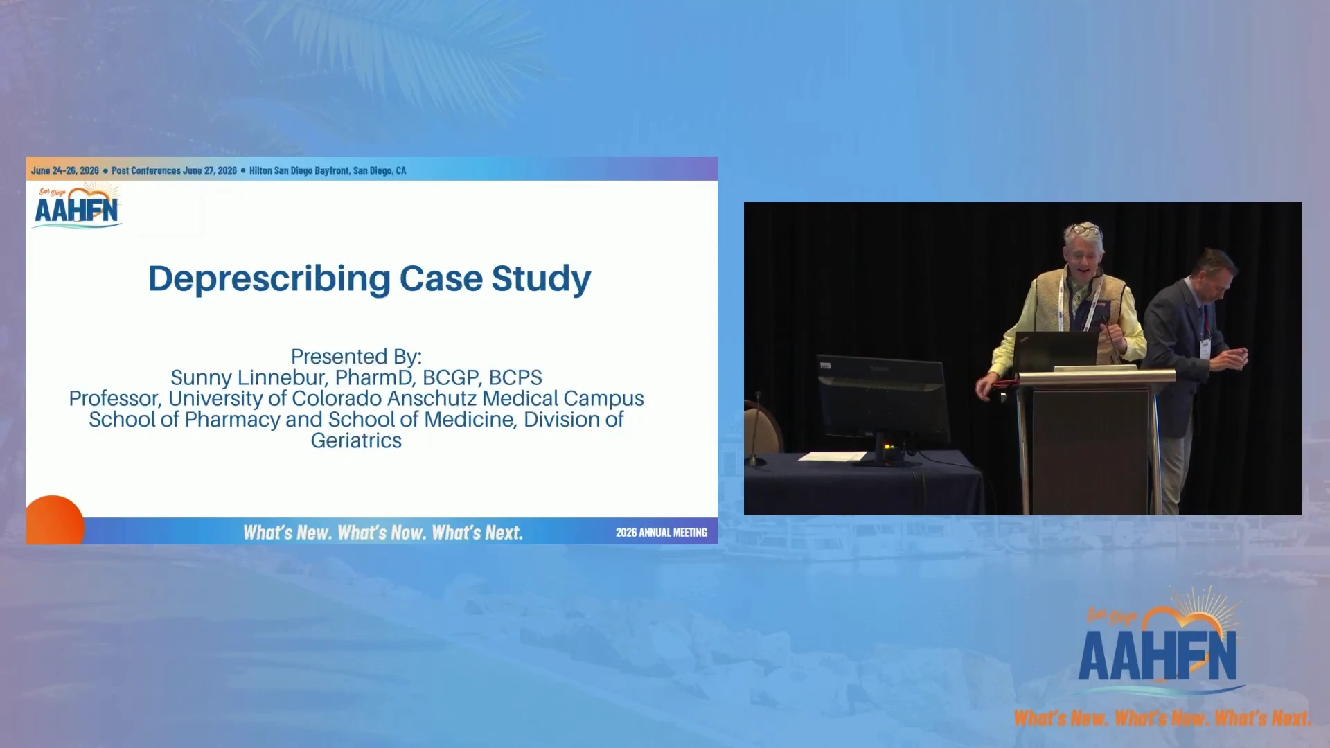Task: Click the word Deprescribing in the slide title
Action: point(269,279)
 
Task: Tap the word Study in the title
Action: point(541,279)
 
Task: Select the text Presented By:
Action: point(356,356)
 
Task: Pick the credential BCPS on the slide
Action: point(515,377)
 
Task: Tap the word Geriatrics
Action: point(356,440)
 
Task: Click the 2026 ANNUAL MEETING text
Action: point(662,533)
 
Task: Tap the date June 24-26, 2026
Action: point(65,170)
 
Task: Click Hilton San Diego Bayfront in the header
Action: point(299,170)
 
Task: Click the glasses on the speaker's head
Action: point(1085,229)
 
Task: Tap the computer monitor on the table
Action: point(883,402)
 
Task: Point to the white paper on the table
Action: point(833,456)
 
